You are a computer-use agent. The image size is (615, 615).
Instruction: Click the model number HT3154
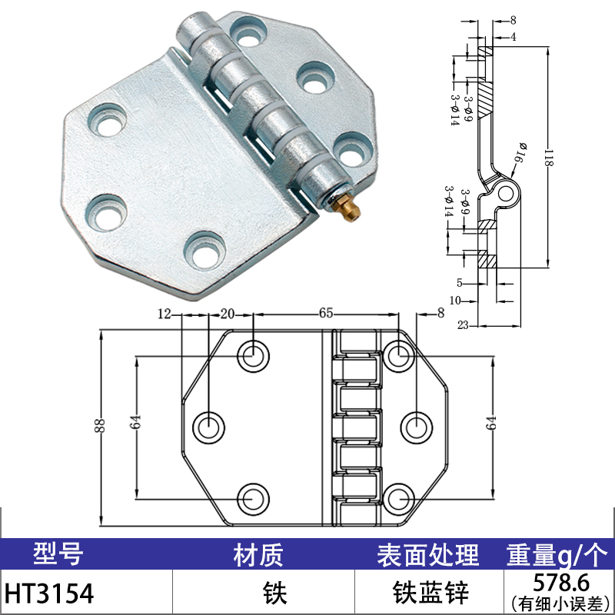[x=50, y=593]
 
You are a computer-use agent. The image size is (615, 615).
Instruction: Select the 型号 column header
[x=58, y=553]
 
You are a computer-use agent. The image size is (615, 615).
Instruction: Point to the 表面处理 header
[x=427, y=553]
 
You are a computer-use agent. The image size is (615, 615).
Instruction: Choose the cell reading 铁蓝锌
[x=427, y=593]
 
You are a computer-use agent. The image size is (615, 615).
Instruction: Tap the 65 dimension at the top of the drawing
[x=326, y=313]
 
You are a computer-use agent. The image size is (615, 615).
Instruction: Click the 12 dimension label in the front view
[x=163, y=313]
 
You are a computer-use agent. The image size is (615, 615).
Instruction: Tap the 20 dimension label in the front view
[x=228, y=313]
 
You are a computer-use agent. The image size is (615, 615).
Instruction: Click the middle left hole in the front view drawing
[x=208, y=426]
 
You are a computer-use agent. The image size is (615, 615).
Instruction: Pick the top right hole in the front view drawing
[x=398, y=355]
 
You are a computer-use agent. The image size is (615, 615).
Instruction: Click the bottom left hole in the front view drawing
[x=252, y=499]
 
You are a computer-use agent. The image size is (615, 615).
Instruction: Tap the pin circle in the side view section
[x=505, y=194]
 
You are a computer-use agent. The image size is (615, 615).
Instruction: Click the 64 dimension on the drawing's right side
[x=493, y=422]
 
